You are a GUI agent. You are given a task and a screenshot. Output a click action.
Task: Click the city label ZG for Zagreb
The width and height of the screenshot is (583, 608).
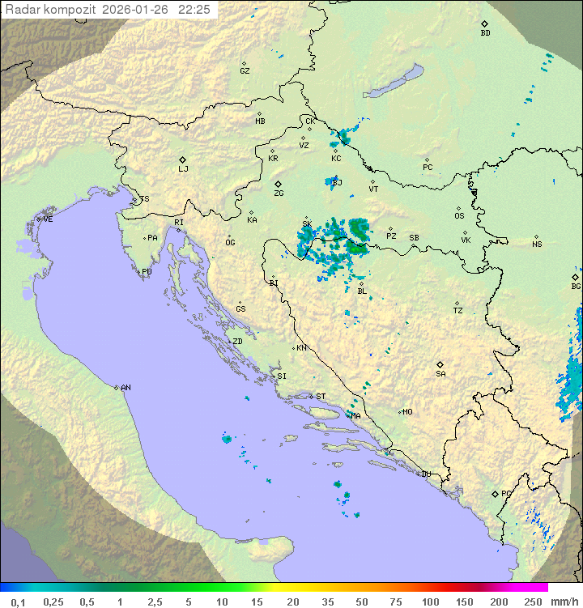[x=279, y=193]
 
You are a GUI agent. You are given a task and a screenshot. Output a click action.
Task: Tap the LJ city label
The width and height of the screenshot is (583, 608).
[x=183, y=169]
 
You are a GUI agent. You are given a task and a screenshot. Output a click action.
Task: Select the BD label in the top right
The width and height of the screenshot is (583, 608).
[x=485, y=33]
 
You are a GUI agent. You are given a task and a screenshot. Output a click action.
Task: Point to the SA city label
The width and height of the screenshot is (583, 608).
[x=440, y=374]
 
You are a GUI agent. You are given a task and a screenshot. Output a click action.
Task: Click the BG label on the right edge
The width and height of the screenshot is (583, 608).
[x=576, y=287]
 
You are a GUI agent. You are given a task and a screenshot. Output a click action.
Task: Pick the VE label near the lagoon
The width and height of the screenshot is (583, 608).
[x=48, y=219]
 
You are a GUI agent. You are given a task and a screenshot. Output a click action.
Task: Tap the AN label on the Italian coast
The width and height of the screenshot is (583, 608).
[x=126, y=388]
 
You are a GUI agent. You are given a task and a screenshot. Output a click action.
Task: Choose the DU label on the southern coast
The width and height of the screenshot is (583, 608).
[x=425, y=474]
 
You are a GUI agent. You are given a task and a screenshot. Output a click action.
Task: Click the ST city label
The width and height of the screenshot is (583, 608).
[x=321, y=397]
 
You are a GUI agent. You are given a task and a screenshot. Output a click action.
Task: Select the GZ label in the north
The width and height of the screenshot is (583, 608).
[x=245, y=71]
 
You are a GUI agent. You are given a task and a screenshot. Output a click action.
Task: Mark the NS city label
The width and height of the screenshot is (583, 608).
[x=537, y=244]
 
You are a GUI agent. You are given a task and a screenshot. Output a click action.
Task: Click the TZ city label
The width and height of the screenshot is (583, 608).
[x=458, y=311]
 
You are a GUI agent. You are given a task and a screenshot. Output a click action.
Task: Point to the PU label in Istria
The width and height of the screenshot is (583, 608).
[x=147, y=272]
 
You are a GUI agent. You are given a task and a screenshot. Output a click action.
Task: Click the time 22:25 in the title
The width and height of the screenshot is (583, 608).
[x=194, y=10]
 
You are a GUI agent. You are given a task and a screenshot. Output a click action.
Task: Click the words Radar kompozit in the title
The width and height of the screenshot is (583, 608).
[x=51, y=10]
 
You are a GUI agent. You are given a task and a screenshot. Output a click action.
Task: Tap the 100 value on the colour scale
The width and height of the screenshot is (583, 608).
[x=430, y=602]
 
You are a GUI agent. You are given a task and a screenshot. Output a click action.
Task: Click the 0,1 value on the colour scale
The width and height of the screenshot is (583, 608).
[x=18, y=602]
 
